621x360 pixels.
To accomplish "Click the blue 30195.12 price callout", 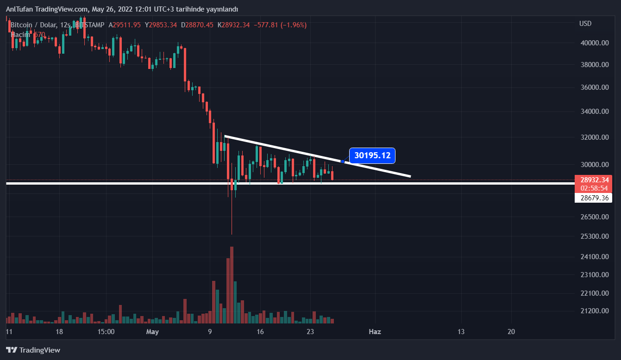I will coord(373,155).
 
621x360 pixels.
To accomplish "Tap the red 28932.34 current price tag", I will coord(593,179).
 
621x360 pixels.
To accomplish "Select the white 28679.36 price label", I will coord(593,198).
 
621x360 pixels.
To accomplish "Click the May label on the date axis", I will coord(152,332).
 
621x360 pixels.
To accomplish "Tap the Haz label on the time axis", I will coord(374,332).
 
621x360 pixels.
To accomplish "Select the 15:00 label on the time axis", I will coord(106,332).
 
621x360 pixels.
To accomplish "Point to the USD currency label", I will coord(585,24).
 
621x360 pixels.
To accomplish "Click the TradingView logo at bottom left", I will coord(33,350).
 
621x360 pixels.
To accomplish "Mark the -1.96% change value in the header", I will coord(292,25).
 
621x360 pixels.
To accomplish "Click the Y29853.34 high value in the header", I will coord(161,25).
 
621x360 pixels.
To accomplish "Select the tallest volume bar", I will coord(232,285).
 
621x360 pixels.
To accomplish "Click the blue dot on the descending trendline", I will coord(343,161).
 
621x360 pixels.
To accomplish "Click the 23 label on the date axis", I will coord(310,332).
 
